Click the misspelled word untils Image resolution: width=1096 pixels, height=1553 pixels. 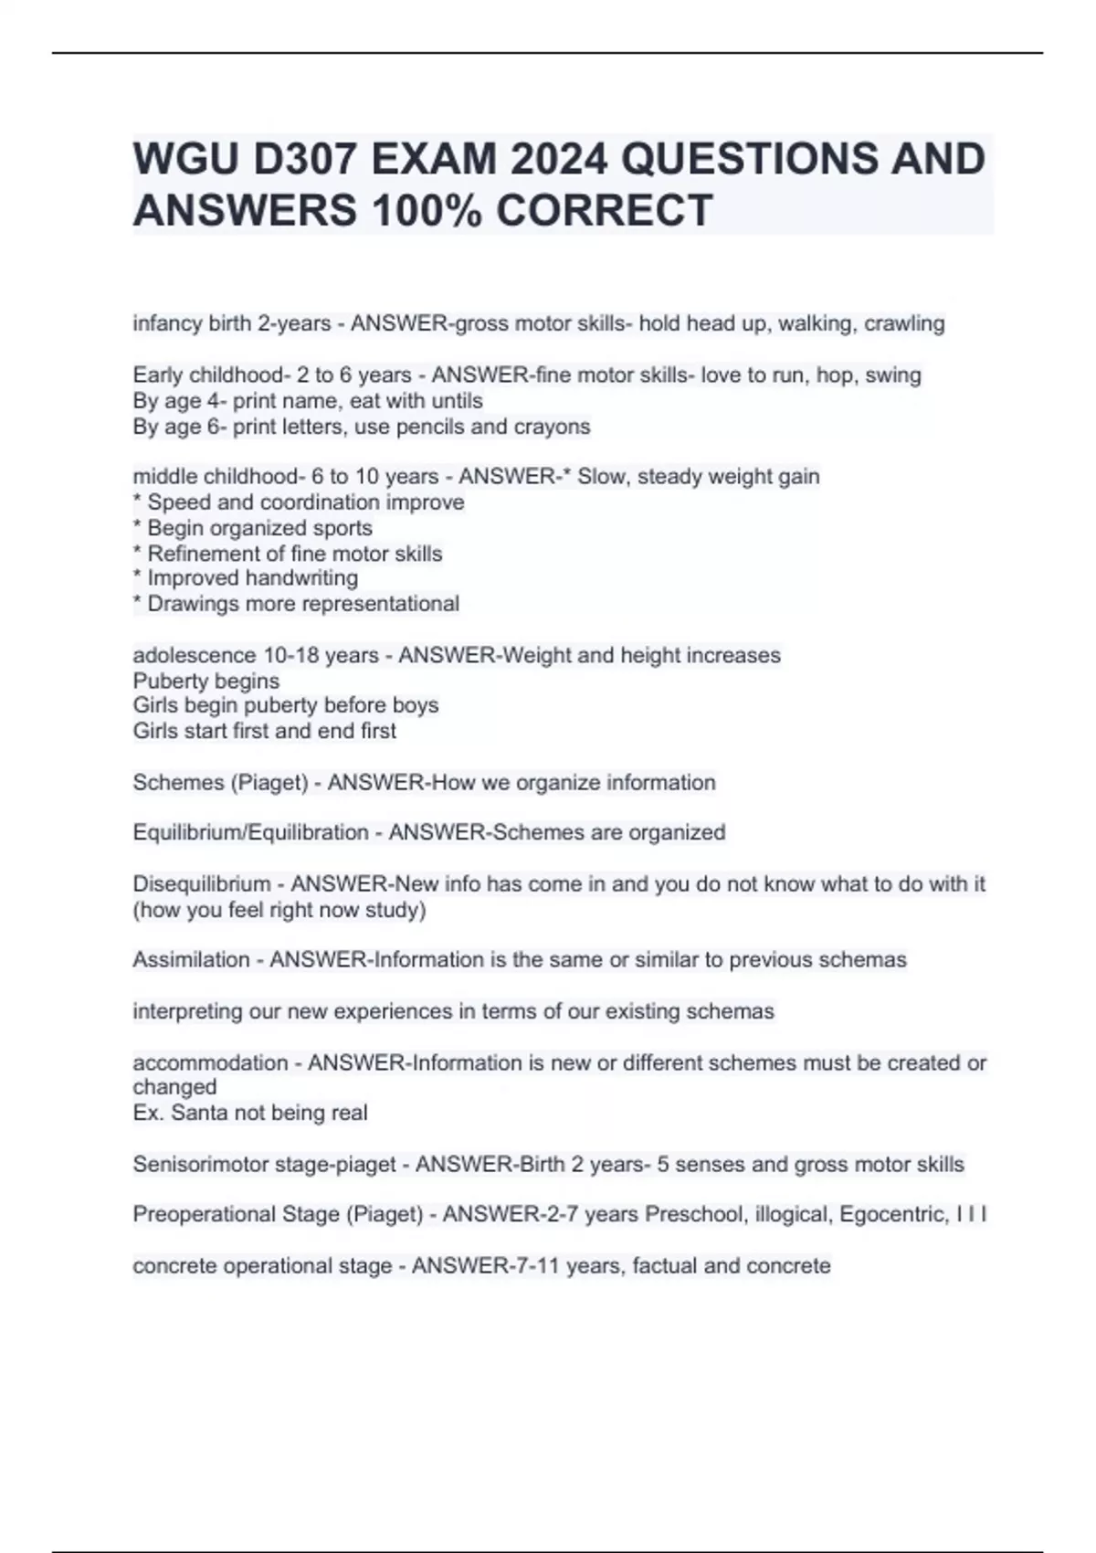point(457,401)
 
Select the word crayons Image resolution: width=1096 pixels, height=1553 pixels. point(555,427)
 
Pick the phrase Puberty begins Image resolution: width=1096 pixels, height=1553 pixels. point(206,681)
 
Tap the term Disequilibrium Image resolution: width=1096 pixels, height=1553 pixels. point(202,883)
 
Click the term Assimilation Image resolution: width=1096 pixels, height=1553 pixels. point(191,959)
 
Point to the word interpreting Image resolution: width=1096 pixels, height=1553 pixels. point(175,1011)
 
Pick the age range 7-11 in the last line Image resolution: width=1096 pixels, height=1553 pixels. point(532,1266)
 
